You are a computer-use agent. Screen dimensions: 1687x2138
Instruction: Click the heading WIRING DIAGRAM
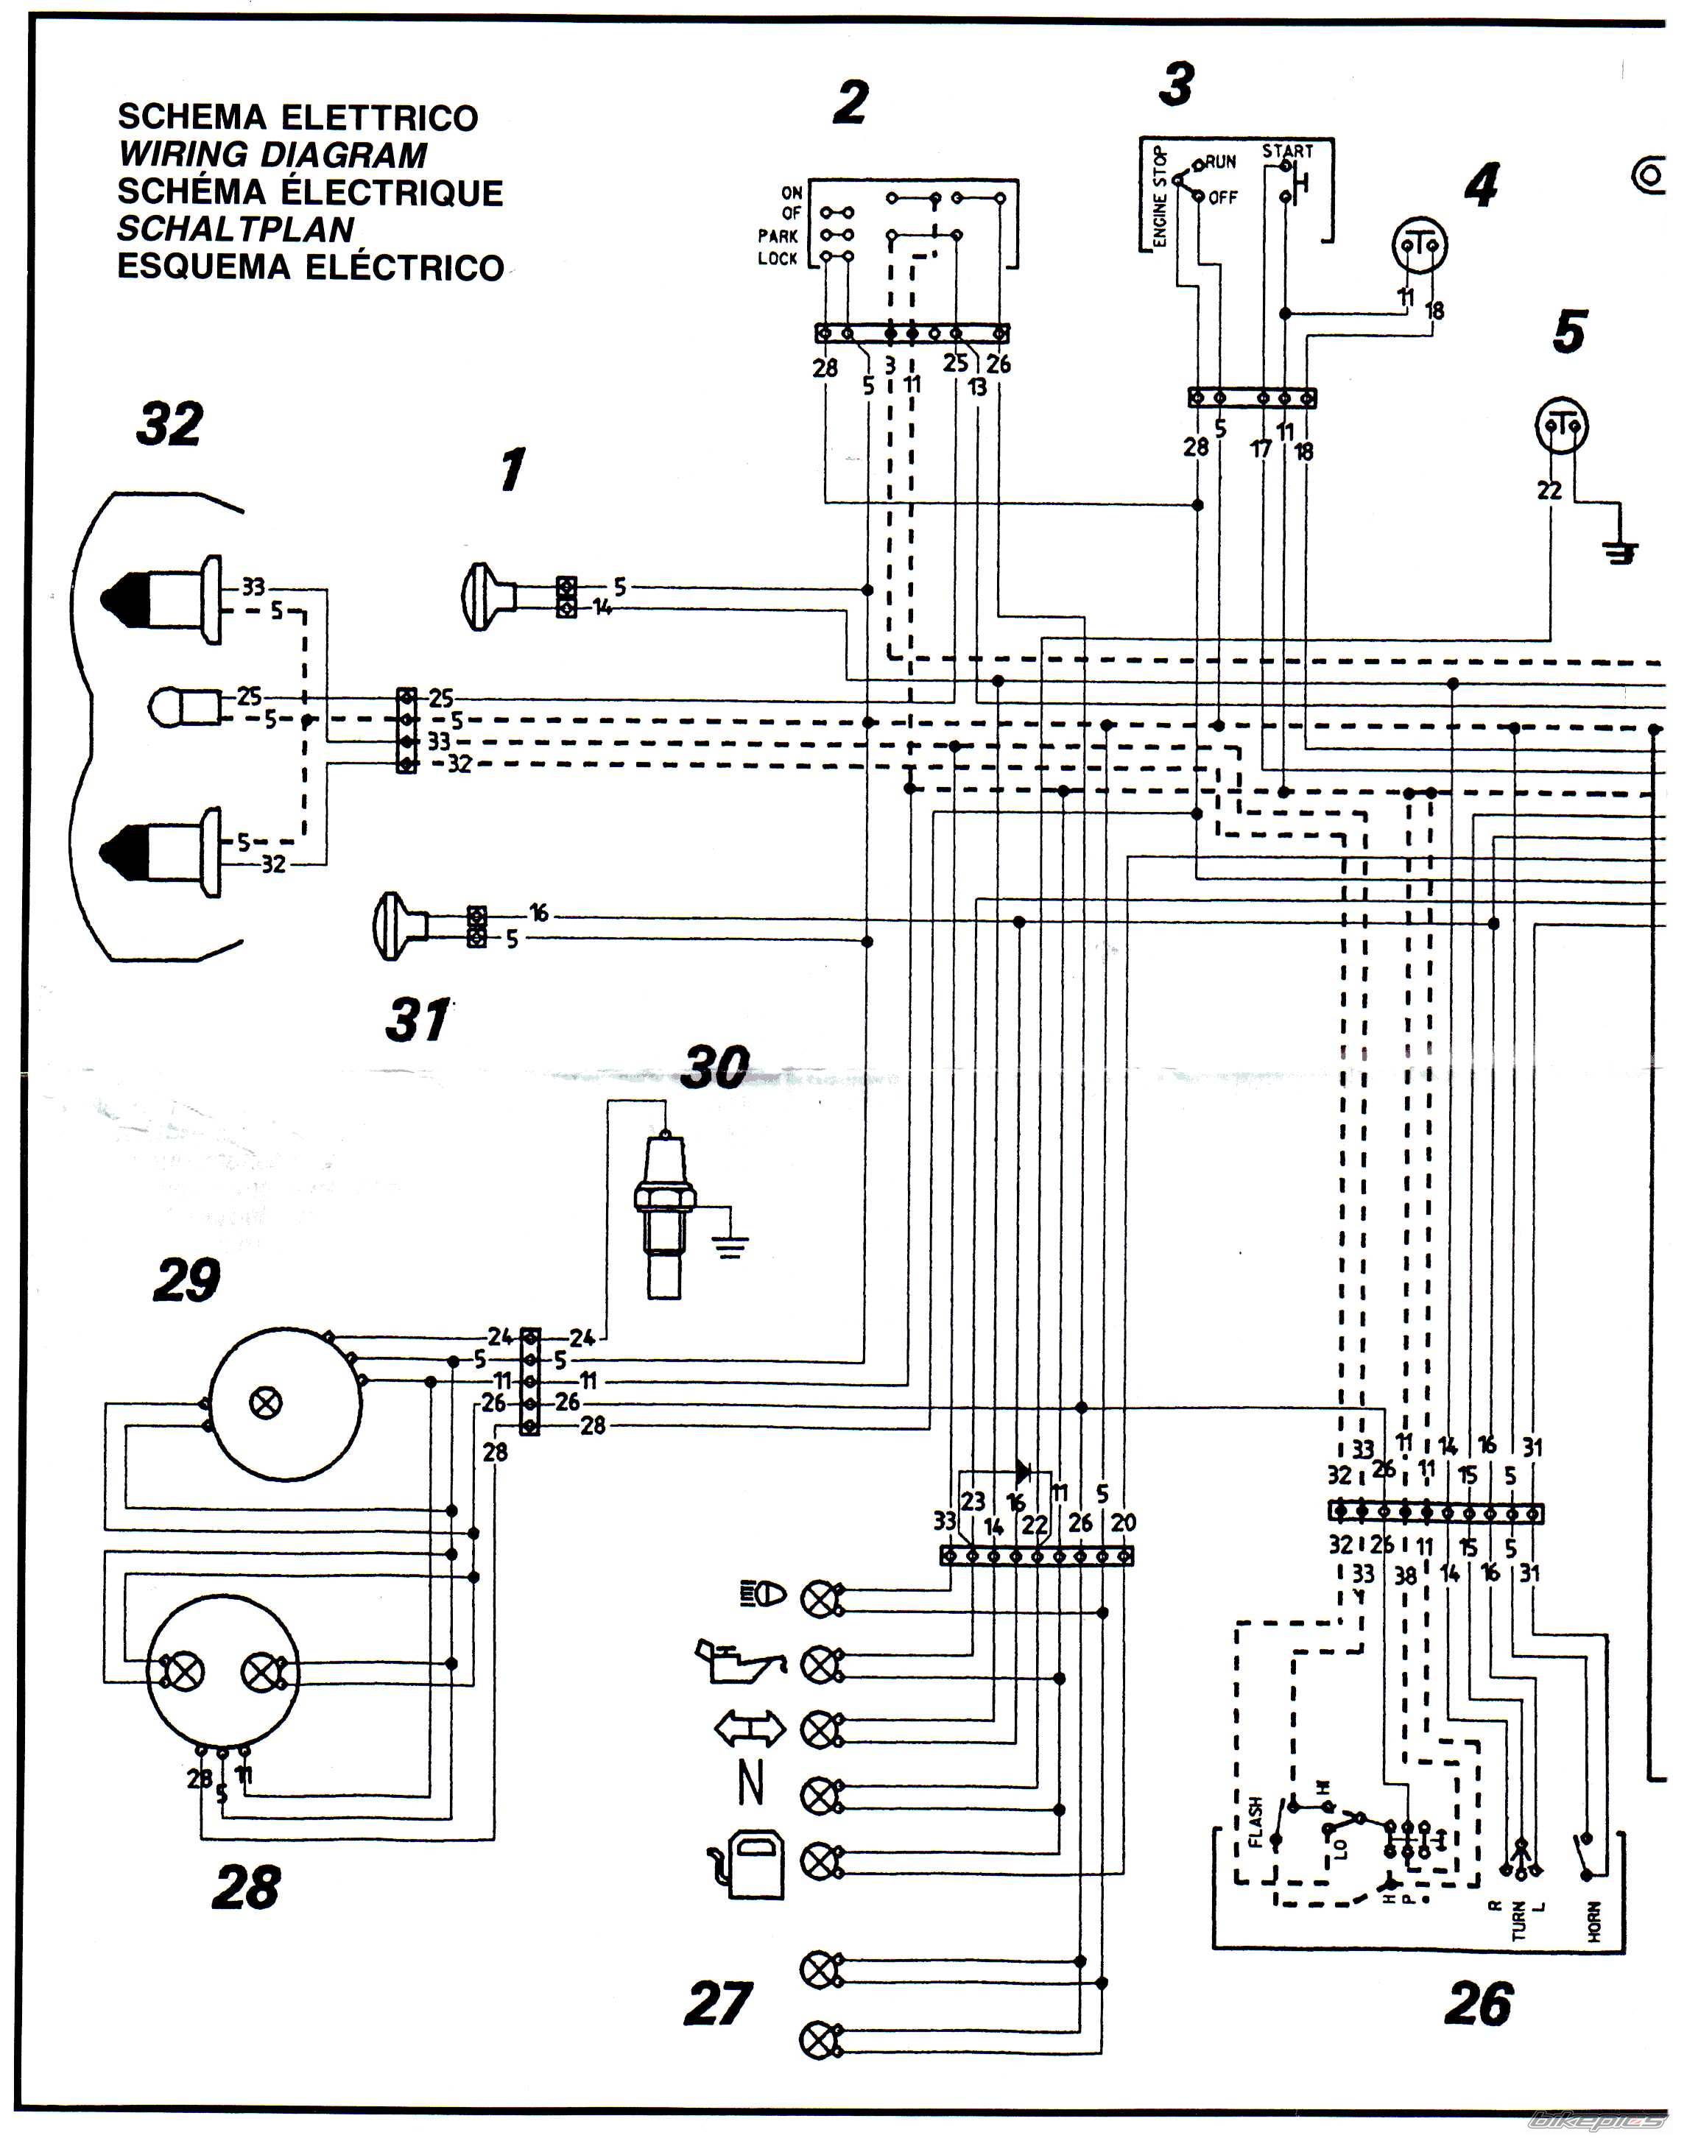(x=272, y=155)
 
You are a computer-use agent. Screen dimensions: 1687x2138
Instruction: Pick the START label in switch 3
(x=1287, y=151)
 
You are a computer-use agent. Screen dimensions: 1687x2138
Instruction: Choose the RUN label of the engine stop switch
(x=1221, y=161)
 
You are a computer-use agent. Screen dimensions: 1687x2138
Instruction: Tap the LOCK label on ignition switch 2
(x=778, y=258)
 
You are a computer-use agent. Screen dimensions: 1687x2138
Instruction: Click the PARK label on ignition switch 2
(x=778, y=236)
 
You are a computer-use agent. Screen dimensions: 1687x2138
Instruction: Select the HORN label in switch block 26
(x=1594, y=1922)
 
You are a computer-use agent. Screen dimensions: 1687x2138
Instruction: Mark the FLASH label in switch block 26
(x=1255, y=1822)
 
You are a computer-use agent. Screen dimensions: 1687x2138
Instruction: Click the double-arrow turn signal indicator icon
(x=750, y=1728)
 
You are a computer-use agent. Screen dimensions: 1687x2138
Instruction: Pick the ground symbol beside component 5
(x=1620, y=552)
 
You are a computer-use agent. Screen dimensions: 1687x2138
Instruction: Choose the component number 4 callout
(x=1482, y=185)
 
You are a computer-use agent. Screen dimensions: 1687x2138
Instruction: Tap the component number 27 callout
(x=718, y=2004)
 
